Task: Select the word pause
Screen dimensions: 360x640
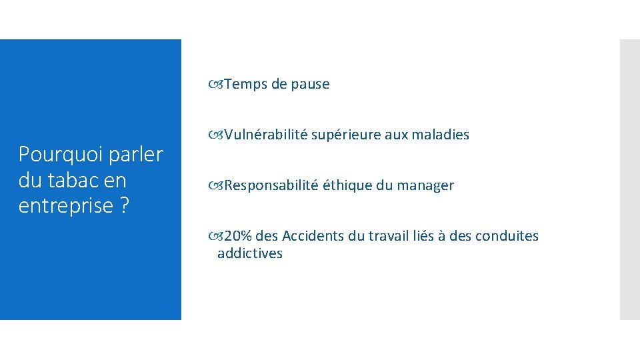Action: point(310,84)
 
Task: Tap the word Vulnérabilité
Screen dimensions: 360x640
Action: point(266,135)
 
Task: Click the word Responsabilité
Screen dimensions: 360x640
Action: point(271,185)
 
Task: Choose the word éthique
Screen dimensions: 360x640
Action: point(347,185)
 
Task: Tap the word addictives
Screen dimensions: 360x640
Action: point(249,253)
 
